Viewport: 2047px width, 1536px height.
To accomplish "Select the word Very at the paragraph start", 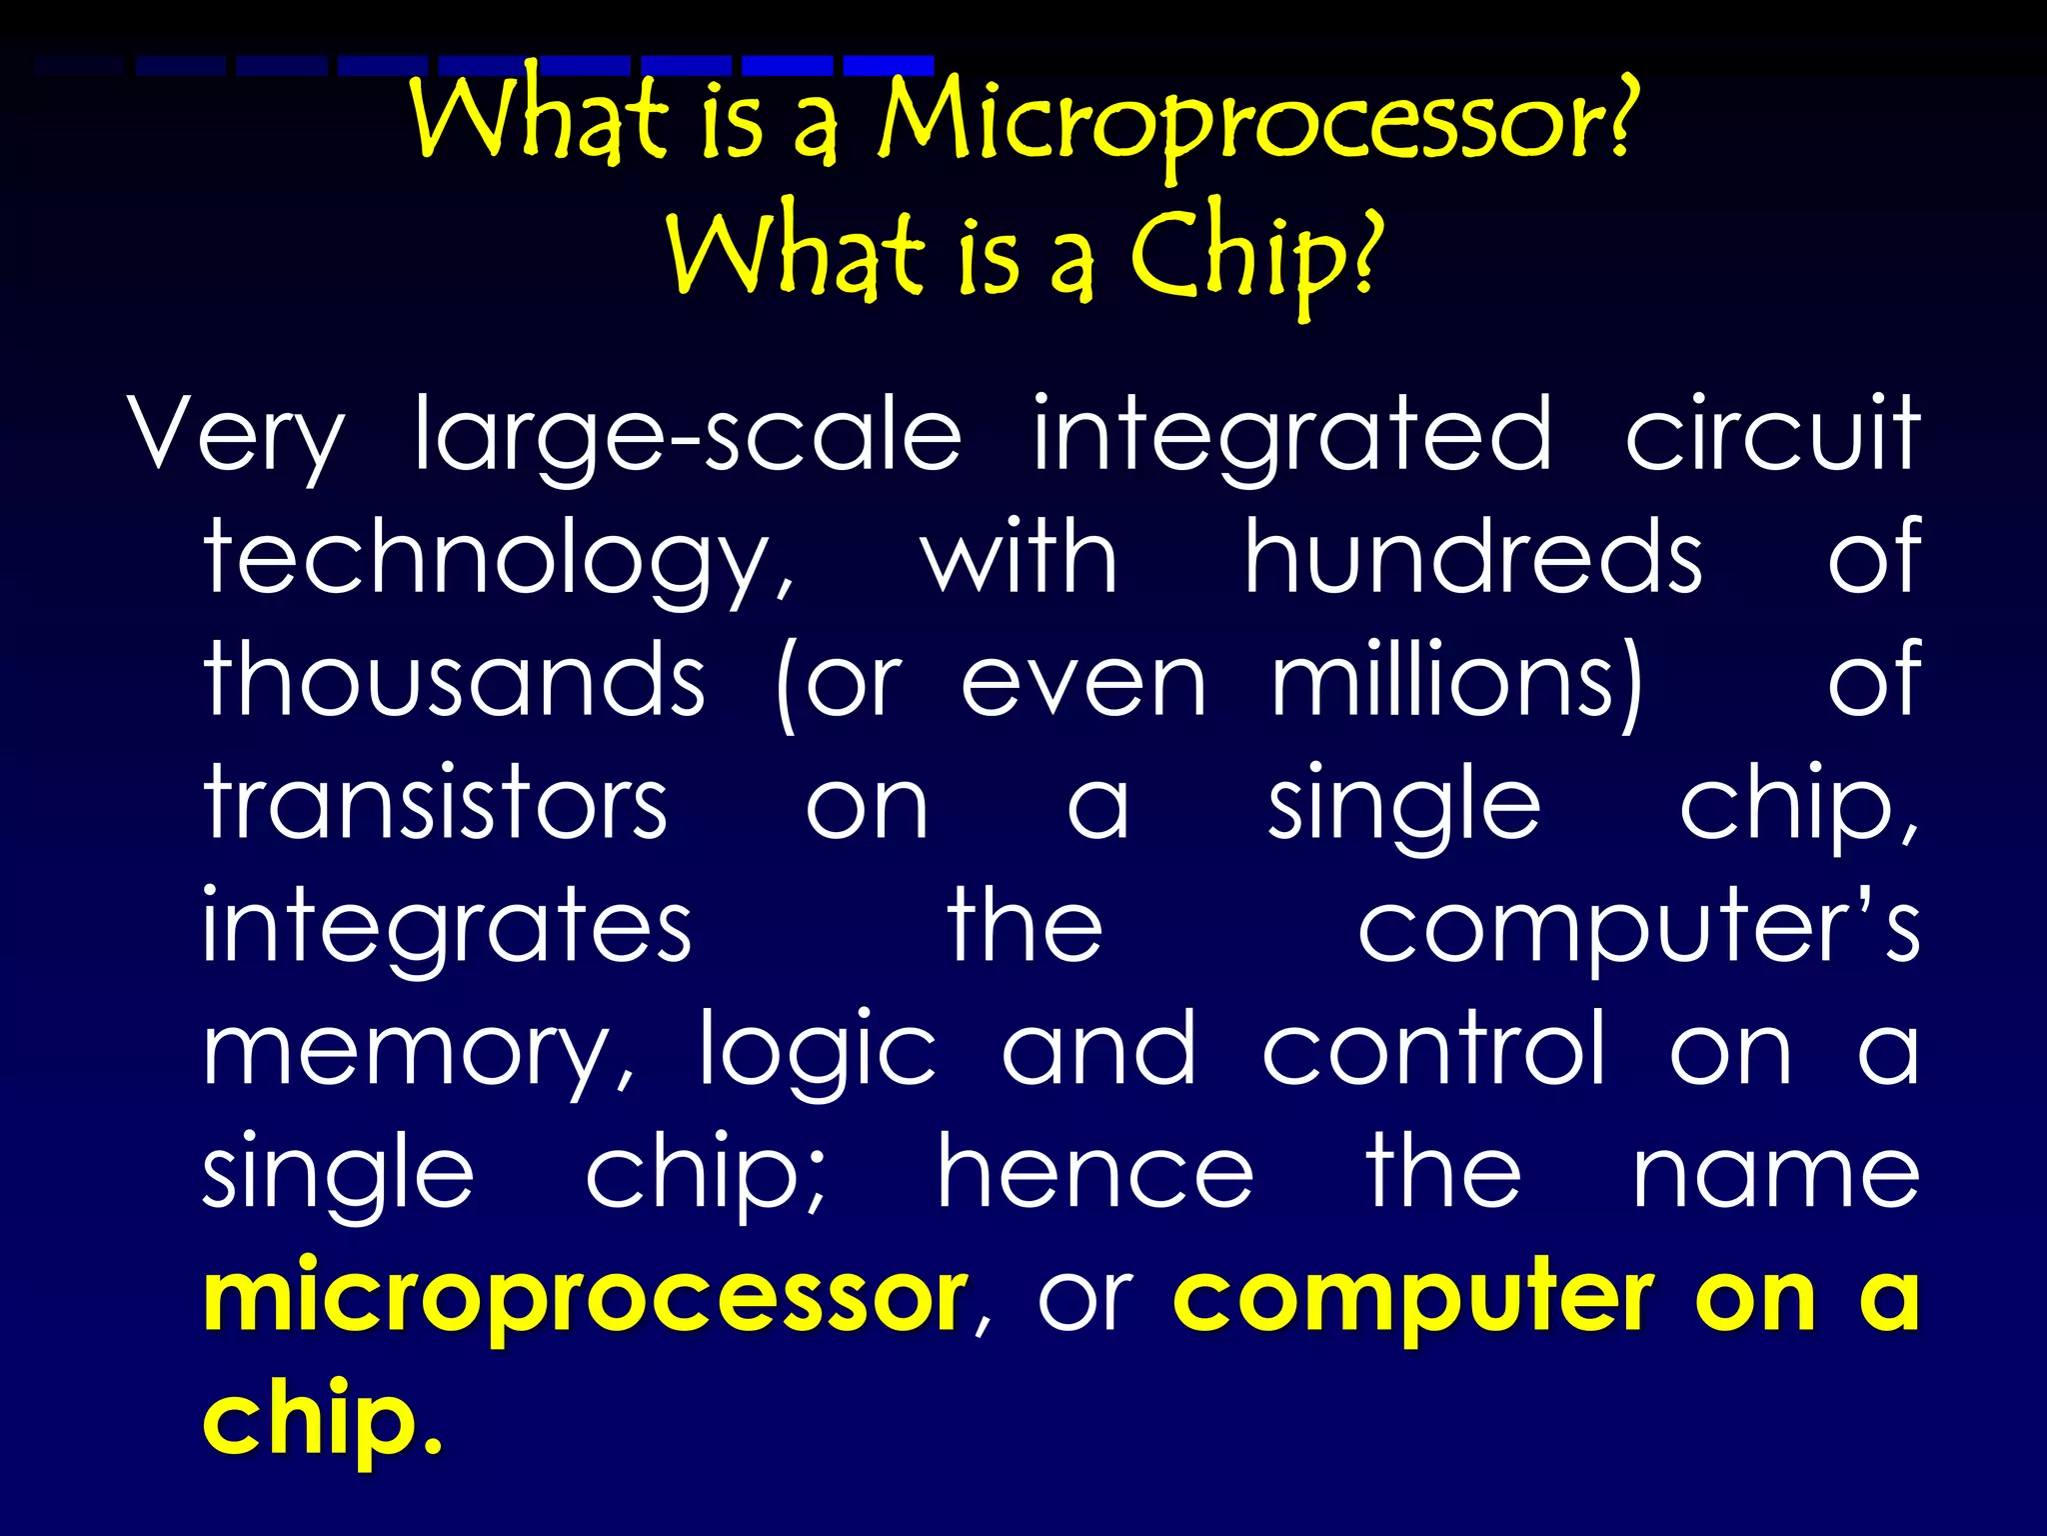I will click(x=236, y=436).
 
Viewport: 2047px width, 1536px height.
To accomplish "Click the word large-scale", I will click(x=688, y=436).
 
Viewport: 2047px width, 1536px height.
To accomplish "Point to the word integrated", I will click(x=1292, y=436).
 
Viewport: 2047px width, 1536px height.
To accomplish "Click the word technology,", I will click(x=500, y=560).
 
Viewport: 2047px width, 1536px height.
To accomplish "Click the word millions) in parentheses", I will click(x=1457, y=682).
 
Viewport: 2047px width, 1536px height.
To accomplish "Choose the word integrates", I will click(x=447, y=928).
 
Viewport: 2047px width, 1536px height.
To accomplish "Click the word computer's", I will click(x=1637, y=928).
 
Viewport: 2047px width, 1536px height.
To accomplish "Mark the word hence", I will click(x=1095, y=1174).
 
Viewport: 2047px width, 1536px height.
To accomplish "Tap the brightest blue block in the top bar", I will click(x=889, y=66).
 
